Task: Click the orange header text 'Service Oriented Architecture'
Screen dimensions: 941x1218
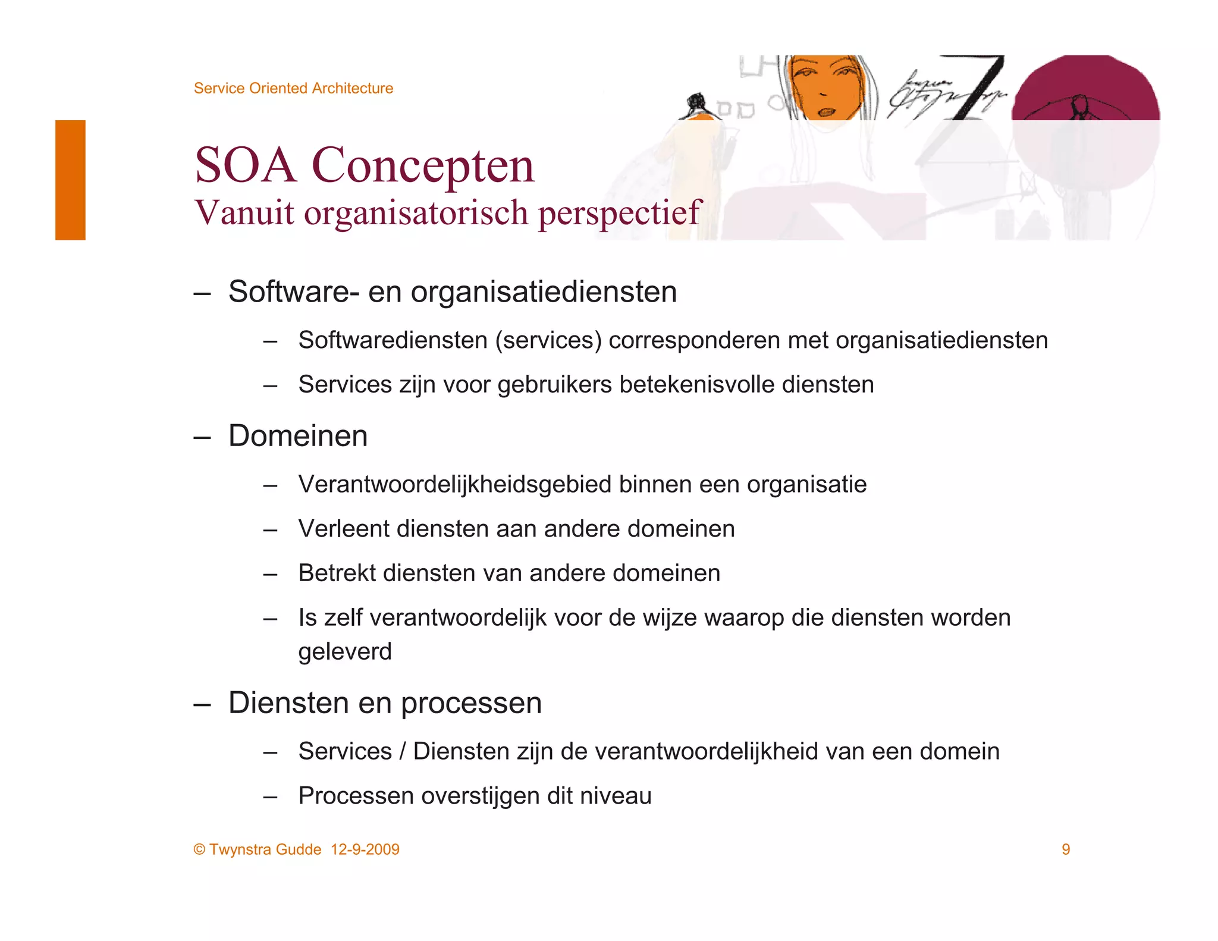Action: click(x=293, y=88)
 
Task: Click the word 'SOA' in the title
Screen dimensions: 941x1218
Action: click(x=245, y=165)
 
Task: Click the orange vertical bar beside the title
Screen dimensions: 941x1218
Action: click(x=70, y=180)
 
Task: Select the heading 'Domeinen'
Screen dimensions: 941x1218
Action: click(x=298, y=436)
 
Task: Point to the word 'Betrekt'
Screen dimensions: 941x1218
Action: click(x=337, y=573)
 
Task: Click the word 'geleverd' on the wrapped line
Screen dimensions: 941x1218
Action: click(x=345, y=652)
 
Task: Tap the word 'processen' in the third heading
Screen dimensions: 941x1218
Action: click(x=471, y=704)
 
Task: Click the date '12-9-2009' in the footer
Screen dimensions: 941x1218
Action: click(x=365, y=849)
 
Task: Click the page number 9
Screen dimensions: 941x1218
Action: click(x=1066, y=849)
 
